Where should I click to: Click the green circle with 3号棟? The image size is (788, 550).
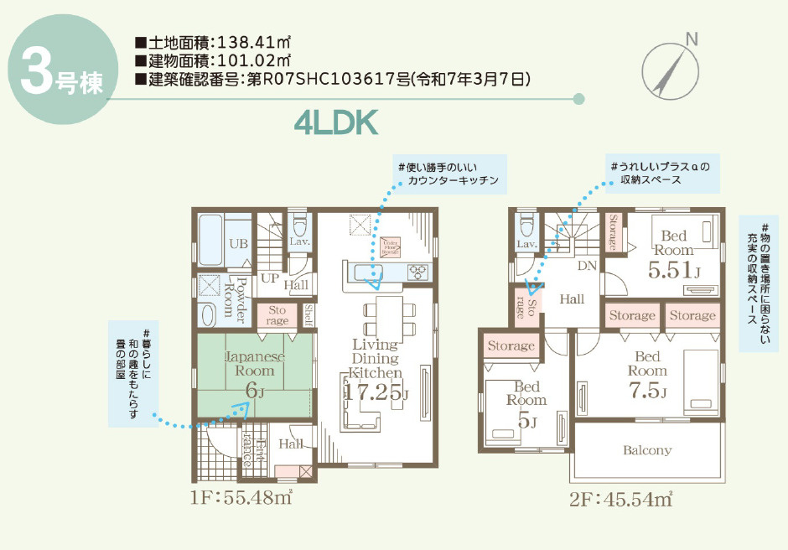[57, 71]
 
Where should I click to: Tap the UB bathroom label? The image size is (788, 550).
[238, 243]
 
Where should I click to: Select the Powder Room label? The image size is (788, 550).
[235, 299]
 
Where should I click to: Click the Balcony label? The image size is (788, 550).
[646, 450]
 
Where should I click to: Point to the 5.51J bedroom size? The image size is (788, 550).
[673, 270]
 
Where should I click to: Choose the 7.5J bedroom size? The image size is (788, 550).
[646, 392]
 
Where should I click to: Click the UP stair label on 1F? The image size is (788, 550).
[270, 278]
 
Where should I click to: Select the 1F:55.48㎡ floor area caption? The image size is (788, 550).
[241, 497]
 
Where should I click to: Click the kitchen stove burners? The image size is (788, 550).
[417, 272]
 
